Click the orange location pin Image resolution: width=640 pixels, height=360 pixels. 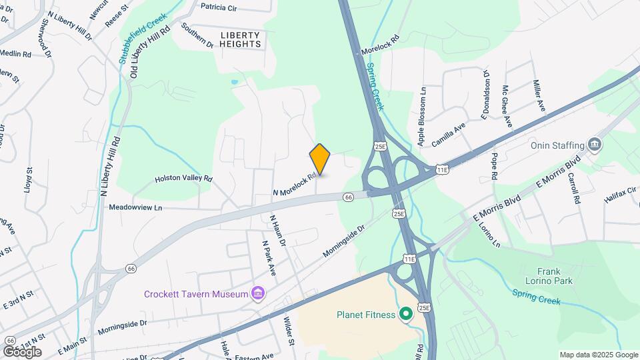click(x=320, y=159)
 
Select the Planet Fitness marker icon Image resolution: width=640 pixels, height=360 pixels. click(x=405, y=314)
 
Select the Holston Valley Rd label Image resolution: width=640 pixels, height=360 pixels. click(x=183, y=179)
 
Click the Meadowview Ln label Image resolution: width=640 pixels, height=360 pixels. click(x=136, y=208)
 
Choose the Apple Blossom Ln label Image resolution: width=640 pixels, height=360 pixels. click(x=422, y=115)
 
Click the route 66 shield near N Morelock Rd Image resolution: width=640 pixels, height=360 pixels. click(x=348, y=197)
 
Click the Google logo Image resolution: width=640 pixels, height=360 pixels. click(x=22, y=351)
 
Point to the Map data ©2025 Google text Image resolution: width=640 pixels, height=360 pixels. click(x=599, y=355)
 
